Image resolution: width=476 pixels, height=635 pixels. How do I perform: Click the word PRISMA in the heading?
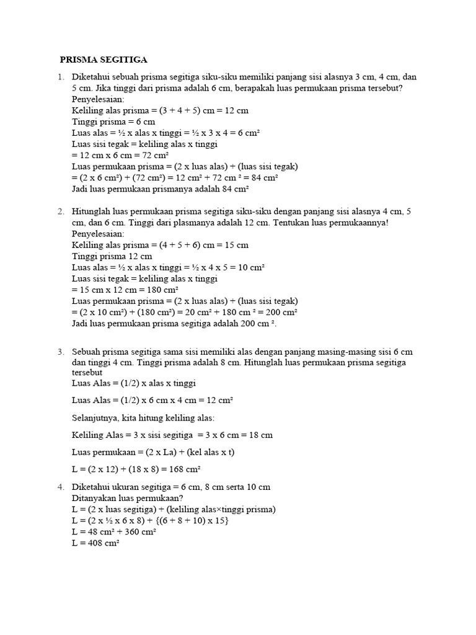[x=79, y=60]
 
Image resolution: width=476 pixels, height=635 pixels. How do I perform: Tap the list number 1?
[x=61, y=77]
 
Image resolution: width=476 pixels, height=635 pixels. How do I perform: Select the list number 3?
[x=61, y=352]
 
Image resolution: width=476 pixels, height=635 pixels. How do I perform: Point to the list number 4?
[x=61, y=487]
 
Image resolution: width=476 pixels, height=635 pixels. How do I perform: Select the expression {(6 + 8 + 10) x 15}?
[x=187, y=520]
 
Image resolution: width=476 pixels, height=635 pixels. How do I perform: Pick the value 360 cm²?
[x=139, y=531]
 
